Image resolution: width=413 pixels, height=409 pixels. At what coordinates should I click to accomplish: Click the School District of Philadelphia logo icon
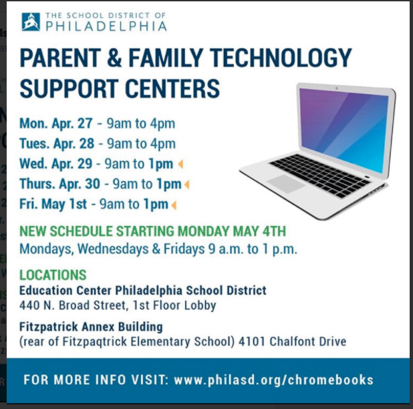coord(31,21)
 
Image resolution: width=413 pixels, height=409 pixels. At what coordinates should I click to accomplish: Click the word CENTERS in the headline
coord(172,88)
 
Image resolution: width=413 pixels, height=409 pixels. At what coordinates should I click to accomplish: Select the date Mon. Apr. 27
coord(56,123)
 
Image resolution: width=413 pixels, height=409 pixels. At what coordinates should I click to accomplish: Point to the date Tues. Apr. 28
coord(57,144)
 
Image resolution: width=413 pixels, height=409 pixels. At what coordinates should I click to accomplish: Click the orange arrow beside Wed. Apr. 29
coord(180,164)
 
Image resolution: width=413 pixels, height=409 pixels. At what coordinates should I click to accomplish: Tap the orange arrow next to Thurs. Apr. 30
coord(186,184)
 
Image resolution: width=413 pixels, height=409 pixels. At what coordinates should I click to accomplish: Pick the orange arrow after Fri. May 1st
coord(174,205)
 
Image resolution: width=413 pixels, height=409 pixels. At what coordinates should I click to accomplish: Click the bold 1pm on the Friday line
coord(156,204)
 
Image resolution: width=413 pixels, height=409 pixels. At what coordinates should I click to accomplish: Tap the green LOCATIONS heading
coord(53,275)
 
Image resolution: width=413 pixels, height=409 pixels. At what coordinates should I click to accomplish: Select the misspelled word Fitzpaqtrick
coord(94,342)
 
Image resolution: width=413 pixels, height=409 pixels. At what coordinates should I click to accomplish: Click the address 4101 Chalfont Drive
coord(292,342)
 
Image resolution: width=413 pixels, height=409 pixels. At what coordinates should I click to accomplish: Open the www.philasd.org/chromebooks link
coord(274,380)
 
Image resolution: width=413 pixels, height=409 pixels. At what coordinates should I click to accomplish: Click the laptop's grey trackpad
coord(286,182)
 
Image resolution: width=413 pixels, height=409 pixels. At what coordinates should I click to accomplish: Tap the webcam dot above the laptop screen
coord(337,88)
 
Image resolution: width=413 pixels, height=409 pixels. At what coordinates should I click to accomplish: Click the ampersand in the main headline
coord(114,57)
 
